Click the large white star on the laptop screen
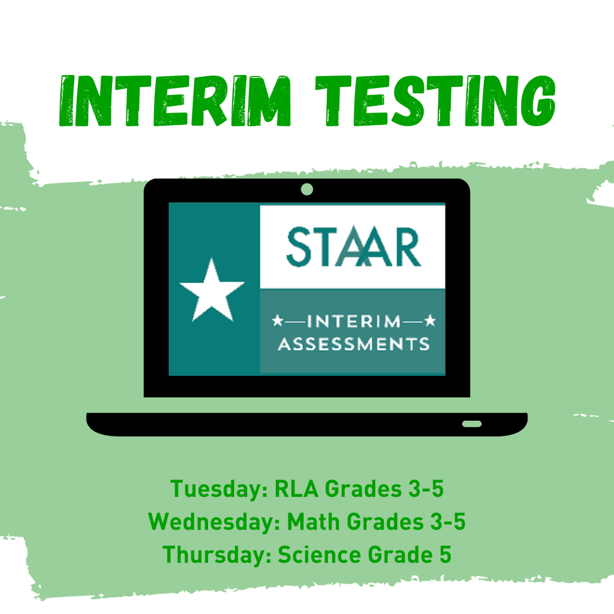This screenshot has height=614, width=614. tap(212, 290)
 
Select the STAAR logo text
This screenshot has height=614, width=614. tap(353, 246)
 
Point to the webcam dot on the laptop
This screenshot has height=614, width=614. tap(307, 189)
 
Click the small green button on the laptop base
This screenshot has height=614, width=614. tap(472, 424)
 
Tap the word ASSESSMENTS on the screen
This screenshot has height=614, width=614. tap(353, 344)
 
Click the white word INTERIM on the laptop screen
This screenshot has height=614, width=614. tap(353, 322)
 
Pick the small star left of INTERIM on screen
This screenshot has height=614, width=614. tap(278, 322)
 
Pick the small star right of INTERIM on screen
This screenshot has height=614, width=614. tap(429, 322)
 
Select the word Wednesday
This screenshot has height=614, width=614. tap(215, 522)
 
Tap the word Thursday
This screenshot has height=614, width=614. tap(216, 554)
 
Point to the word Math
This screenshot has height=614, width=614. tap(314, 522)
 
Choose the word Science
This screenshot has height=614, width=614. tap(319, 554)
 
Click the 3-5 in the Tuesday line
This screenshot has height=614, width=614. tap(425, 489)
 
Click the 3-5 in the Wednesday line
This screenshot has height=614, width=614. tap(446, 522)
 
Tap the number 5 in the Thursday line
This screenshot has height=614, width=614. tap(444, 554)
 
